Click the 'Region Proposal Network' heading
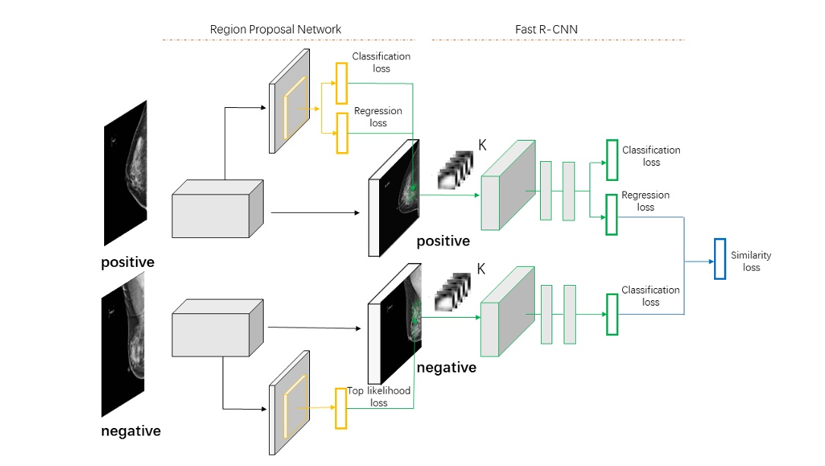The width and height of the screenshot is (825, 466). [x=275, y=30]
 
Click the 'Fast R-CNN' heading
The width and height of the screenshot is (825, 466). [x=545, y=30]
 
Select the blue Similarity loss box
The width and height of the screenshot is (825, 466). [x=719, y=258]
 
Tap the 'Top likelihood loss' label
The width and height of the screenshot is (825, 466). [x=379, y=396]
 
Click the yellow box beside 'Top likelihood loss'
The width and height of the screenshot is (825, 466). [x=340, y=408]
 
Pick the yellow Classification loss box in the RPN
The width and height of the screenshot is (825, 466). [x=340, y=82]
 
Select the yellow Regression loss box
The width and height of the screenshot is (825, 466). [x=340, y=133]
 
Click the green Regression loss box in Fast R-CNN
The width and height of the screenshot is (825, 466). [x=612, y=214]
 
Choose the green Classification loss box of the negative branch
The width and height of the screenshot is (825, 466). [x=612, y=314]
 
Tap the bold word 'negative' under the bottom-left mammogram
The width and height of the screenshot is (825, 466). [x=131, y=431]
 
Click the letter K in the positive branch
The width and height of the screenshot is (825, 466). [x=481, y=145]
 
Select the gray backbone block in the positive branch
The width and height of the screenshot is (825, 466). [x=217, y=209]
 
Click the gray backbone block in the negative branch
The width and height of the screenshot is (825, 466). [x=217, y=328]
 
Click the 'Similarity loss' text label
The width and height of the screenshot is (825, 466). [x=751, y=262]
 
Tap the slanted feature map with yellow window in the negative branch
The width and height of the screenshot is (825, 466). [x=289, y=403]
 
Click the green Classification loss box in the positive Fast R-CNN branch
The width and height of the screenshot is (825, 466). [x=612, y=160]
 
